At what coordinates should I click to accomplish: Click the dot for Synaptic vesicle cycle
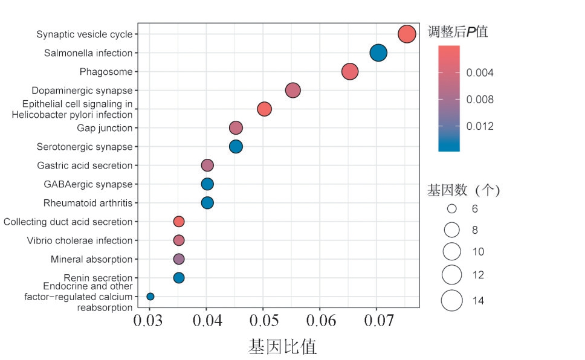tap(407, 34)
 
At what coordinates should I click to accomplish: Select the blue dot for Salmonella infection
tap(378, 53)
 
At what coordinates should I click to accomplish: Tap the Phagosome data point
tap(350, 72)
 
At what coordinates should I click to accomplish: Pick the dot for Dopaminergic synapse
tap(292, 91)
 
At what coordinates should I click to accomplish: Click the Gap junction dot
tap(236, 128)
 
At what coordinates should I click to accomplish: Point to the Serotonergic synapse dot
tap(236, 147)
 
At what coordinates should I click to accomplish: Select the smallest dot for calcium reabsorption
tap(150, 297)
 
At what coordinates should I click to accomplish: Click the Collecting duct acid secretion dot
tap(179, 222)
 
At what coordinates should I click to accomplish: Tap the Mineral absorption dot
tap(179, 259)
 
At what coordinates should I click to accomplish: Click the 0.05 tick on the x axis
tap(263, 319)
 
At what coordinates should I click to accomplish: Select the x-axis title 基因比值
tap(282, 347)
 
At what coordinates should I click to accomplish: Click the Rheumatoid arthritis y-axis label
tap(88, 203)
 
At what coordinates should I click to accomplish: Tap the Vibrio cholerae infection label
tap(80, 240)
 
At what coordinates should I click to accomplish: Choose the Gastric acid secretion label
tap(85, 166)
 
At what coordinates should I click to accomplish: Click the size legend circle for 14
tap(451, 300)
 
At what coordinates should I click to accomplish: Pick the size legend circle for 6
tap(451, 209)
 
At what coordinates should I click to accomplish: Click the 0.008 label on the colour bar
tap(480, 100)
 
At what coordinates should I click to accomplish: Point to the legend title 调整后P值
tap(457, 32)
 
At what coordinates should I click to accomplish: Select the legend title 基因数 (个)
tap(464, 190)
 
